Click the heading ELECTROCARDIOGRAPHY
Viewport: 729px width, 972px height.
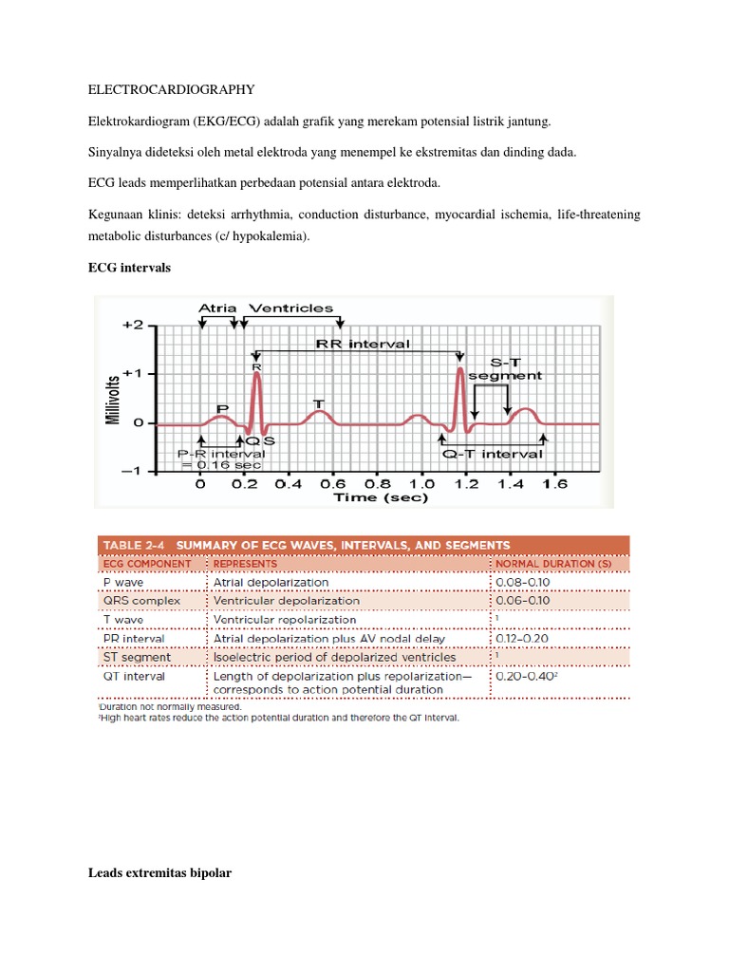[x=171, y=90]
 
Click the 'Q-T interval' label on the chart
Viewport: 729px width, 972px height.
[x=498, y=454]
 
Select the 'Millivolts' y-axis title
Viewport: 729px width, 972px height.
[x=114, y=399]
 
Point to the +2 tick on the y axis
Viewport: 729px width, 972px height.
[x=132, y=325]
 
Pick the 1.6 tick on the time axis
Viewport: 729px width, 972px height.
[x=554, y=483]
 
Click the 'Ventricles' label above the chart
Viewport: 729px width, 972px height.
[x=290, y=308]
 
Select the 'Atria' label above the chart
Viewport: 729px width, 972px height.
[x=217, y=308]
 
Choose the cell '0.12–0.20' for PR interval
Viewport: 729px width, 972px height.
[x=523, y=638]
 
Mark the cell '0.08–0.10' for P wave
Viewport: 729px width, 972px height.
[x=523, y=582]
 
